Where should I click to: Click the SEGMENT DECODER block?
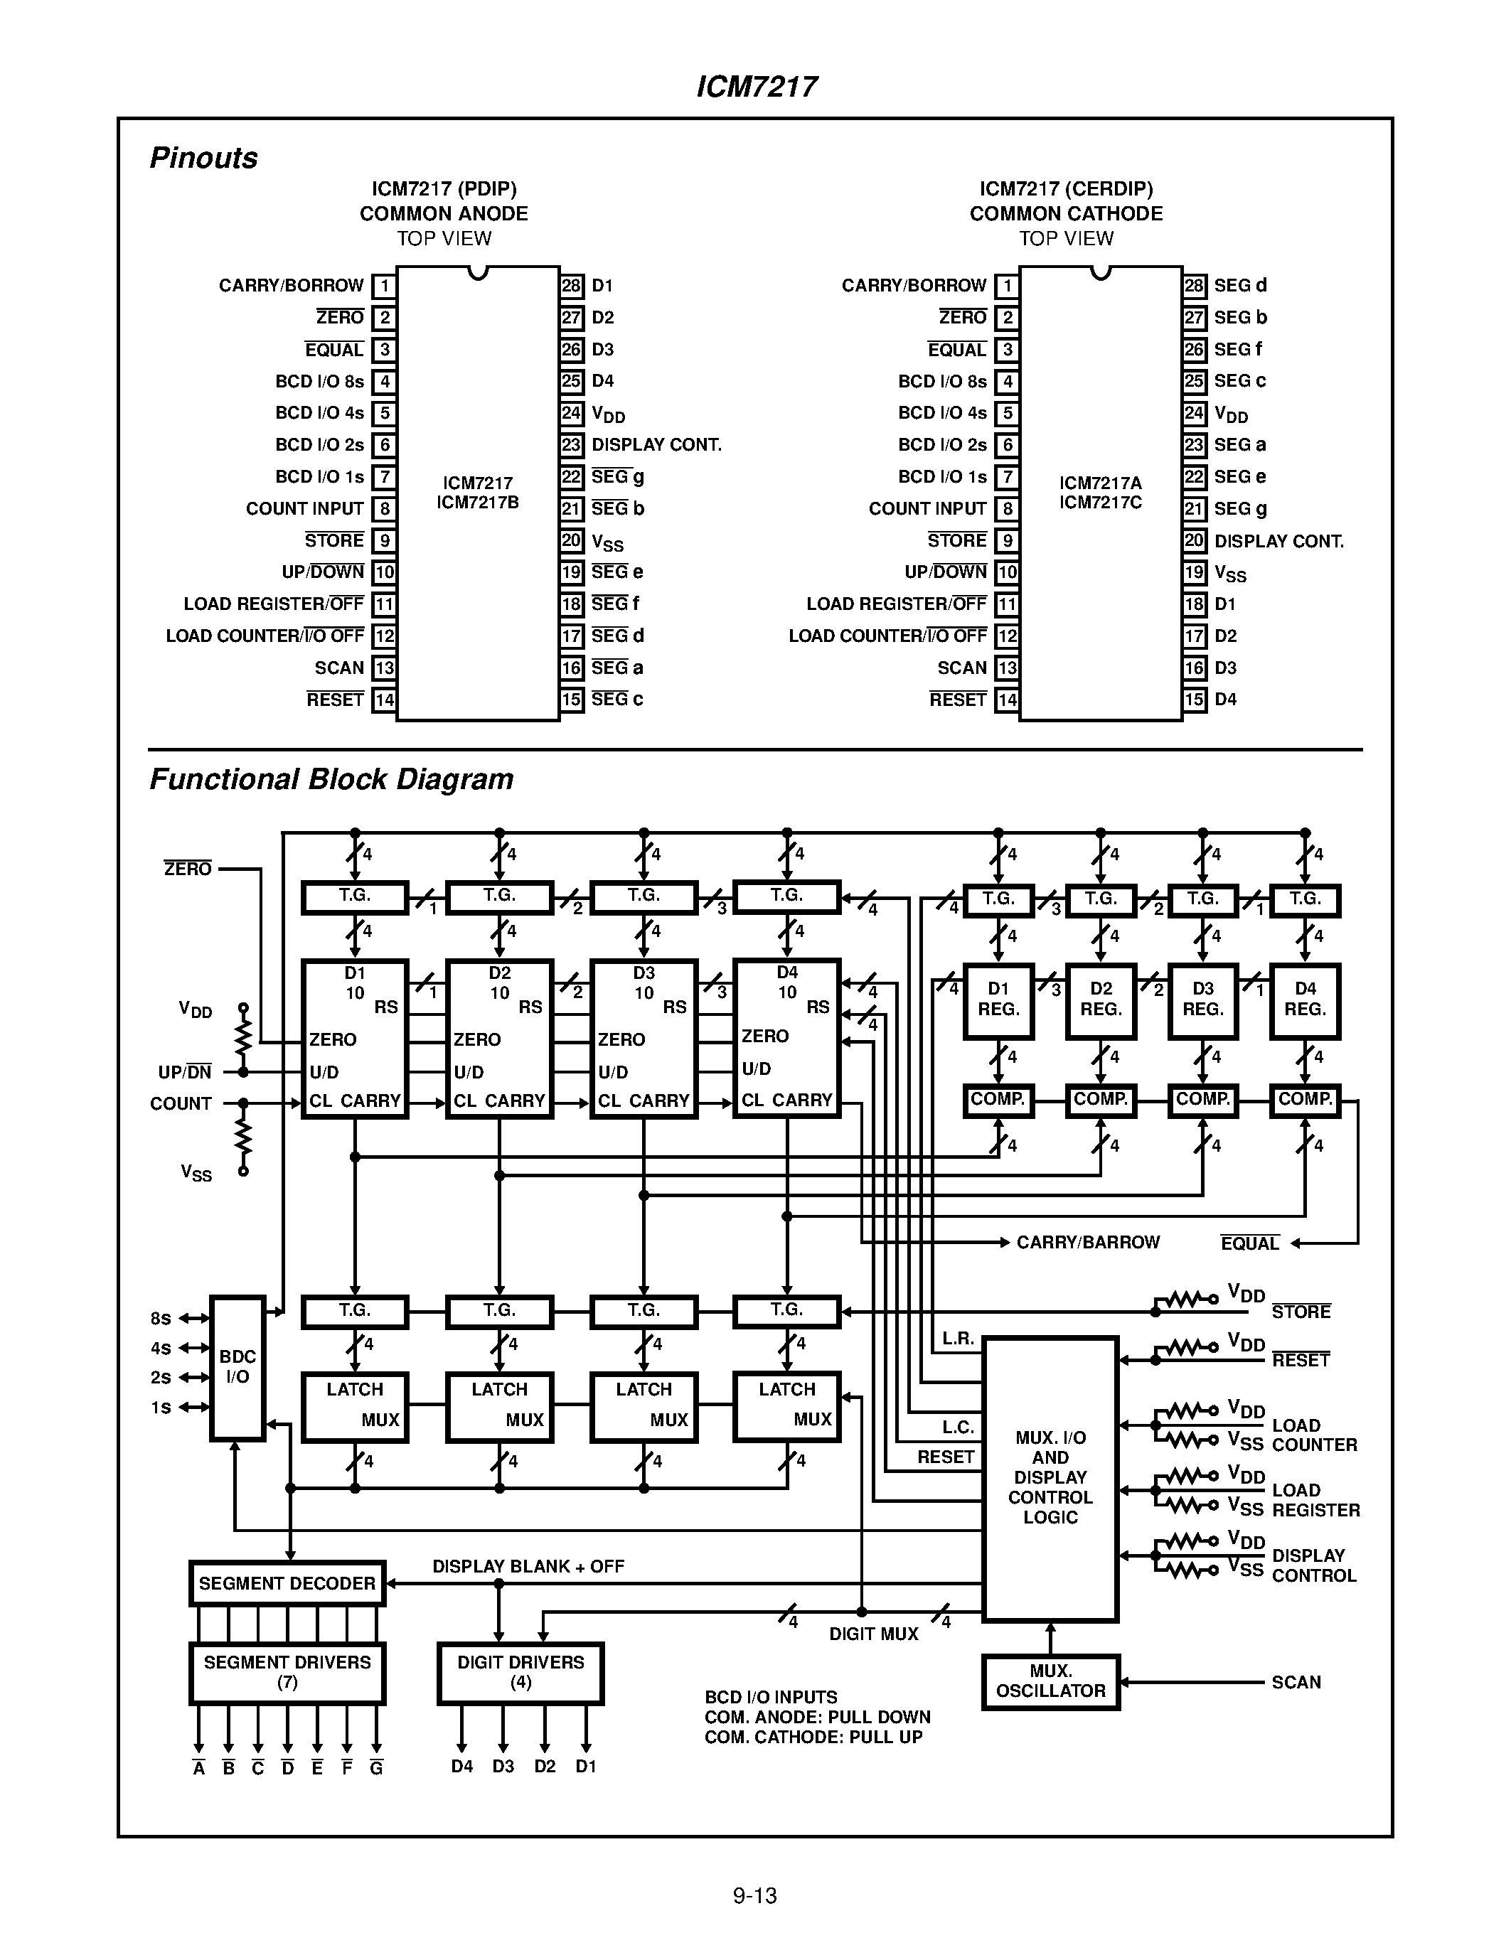pos(287,1583)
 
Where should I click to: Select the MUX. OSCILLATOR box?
pos(1050,1682)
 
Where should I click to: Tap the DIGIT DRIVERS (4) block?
pos(520,1672)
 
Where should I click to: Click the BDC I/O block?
pos(237,1368)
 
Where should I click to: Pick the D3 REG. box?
pos(1202,1000)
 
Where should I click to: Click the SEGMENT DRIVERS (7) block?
pos(287,1672)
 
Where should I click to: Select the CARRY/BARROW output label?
pos(1088,1243)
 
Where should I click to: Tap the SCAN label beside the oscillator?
pos(1296,1682)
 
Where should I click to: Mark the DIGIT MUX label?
pos(874,1634)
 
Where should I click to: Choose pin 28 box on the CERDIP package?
pos(1194,286)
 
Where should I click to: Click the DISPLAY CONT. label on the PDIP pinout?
pos(656,445)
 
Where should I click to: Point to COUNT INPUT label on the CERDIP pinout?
pos(927,508)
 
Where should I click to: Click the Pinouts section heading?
pos(203,158)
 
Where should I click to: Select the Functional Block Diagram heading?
pos(331,778)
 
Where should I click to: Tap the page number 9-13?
pos(754,1895)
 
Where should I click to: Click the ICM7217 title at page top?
pos(757,86)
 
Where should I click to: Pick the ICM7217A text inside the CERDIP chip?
pos(1100,483)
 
